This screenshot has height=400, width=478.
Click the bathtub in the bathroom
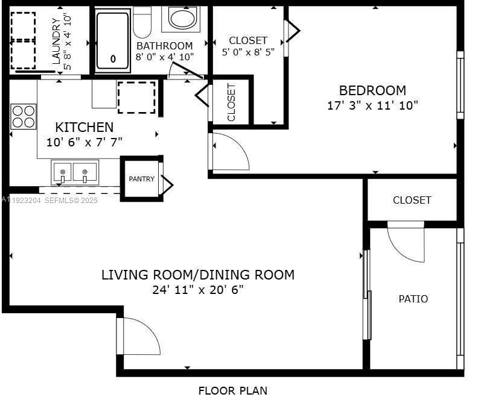point(113,40)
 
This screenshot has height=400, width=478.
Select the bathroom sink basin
point(182,18)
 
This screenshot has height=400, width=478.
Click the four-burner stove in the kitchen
point(24,116)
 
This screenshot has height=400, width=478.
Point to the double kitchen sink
point(73,172)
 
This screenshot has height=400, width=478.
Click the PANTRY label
point(141,179)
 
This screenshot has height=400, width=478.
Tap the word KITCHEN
point(84,127)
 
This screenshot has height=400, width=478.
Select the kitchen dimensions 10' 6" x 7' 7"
point(84,142)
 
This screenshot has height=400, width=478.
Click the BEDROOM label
point(372,90)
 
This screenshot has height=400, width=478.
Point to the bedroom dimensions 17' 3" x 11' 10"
point(372,105)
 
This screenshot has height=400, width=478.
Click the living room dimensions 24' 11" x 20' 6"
point(197,290)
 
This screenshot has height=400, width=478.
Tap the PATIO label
point(413,299)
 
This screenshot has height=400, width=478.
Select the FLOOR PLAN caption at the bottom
point(232,390)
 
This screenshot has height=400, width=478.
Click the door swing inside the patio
point(405,242)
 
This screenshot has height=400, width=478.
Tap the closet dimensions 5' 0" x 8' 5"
point(248,52)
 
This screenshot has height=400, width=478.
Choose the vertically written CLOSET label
point(231,102)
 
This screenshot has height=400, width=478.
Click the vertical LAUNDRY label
point(56,41)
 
